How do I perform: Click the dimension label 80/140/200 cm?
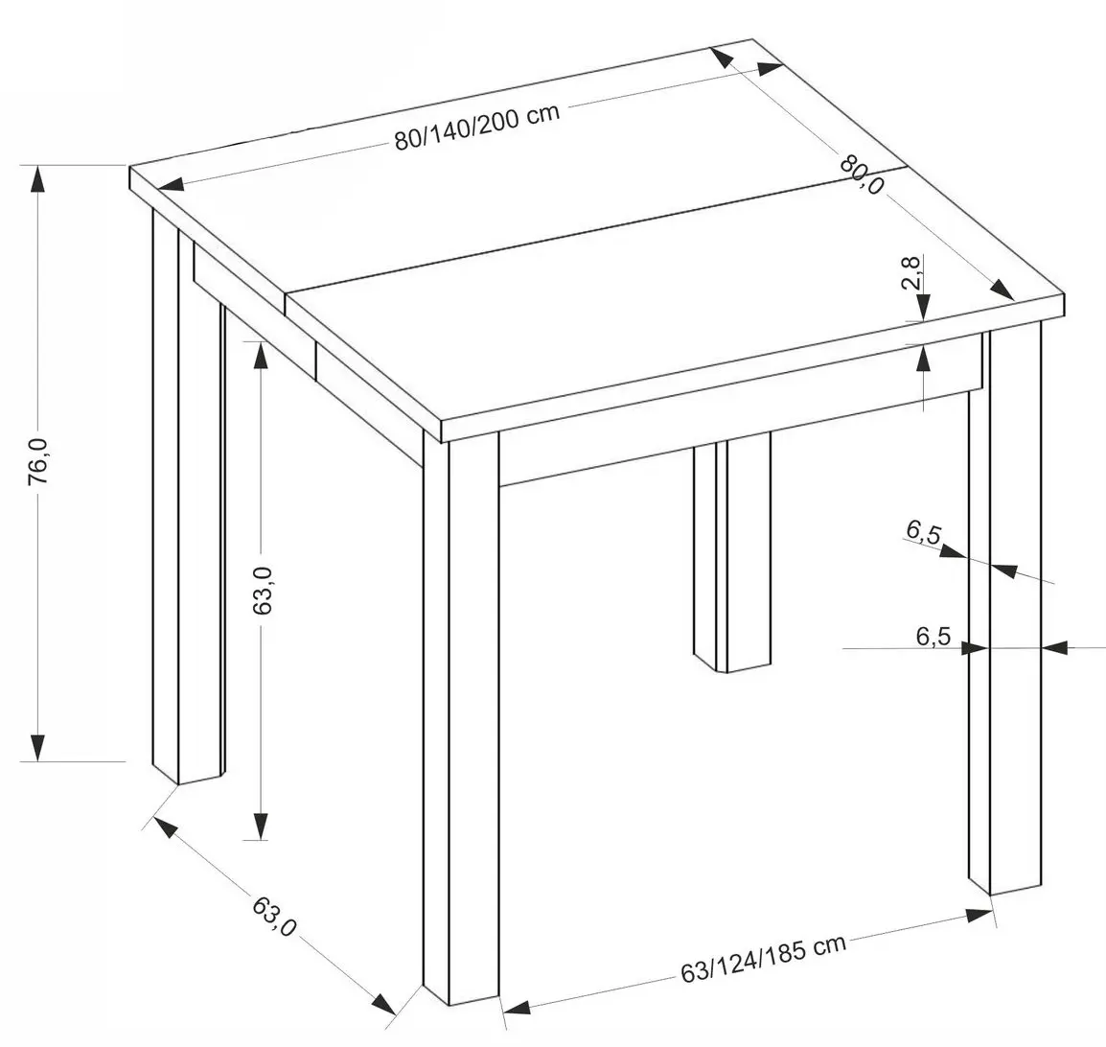tap(477, 127)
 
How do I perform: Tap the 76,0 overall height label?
tap(38, 461)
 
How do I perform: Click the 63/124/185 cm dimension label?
tap(763, 959)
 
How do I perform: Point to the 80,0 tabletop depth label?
tap(862, 174)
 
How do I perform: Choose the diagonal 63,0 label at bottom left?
tap(274, 915)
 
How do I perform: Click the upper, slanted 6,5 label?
tap(924, 533)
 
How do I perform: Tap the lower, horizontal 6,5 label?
tap(933, 637)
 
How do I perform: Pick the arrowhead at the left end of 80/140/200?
tap(172, 185)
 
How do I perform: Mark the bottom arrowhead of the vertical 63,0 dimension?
tap(261, 826)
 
